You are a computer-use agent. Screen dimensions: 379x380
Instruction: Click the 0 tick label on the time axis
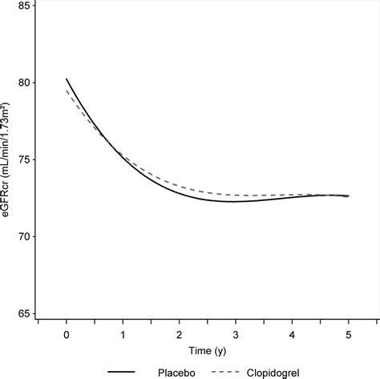(67, 332)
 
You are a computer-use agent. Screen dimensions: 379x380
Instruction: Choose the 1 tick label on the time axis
(123, 332)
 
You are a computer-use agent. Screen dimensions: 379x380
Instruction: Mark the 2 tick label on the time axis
(180, 332)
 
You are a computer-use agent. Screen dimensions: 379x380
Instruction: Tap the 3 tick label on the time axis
(236, 332)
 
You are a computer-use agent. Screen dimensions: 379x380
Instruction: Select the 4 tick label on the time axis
(293, 332)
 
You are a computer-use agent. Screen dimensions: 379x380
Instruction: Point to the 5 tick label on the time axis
(349, 332)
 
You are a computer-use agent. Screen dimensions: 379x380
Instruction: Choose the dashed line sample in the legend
(224, 371)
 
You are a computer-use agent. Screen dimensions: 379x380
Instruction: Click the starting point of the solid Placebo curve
(67, 79)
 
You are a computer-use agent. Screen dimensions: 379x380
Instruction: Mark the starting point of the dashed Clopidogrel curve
(67, 91)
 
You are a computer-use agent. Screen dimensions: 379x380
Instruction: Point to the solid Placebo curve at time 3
(236, 201)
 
